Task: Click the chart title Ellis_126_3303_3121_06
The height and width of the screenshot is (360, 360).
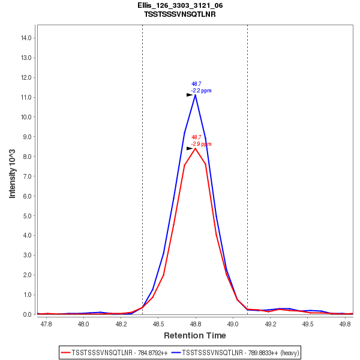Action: pyautogui.click(x=180, y=5)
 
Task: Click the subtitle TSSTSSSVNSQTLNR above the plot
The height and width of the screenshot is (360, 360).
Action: pyautogui.click(x=180, y=14)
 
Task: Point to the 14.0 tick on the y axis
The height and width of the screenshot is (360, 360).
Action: pyautogui.click(x=26, y=38)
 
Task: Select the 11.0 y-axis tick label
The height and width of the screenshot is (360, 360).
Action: pyautogui.click(x=26, y=97)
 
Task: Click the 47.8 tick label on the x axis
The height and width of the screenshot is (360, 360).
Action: pyautogui.click(x=46, y=323)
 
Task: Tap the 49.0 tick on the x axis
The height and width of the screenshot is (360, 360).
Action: pyautogui.click(x=233, y=323)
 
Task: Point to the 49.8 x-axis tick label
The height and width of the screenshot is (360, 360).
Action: pyautogui.click(x=345, y=323)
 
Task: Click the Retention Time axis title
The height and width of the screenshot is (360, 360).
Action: pyautogui.click(x=196, y=335)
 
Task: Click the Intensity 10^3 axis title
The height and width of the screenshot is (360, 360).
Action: pyautogui.click(x=13, y=174)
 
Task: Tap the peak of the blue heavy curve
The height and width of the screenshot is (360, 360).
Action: pyautogui.click(x=195, y=94)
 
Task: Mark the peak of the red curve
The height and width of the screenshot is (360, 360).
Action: pyautogui.click(x=195, y=148)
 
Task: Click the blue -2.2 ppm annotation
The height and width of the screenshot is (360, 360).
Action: pyautogui.click(x=202, y=91)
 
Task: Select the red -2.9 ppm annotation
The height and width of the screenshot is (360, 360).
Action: pyautogui.click(x=202, y=144)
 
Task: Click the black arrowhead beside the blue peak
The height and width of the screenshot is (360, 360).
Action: pyautogui.click(x=190, y=94)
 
